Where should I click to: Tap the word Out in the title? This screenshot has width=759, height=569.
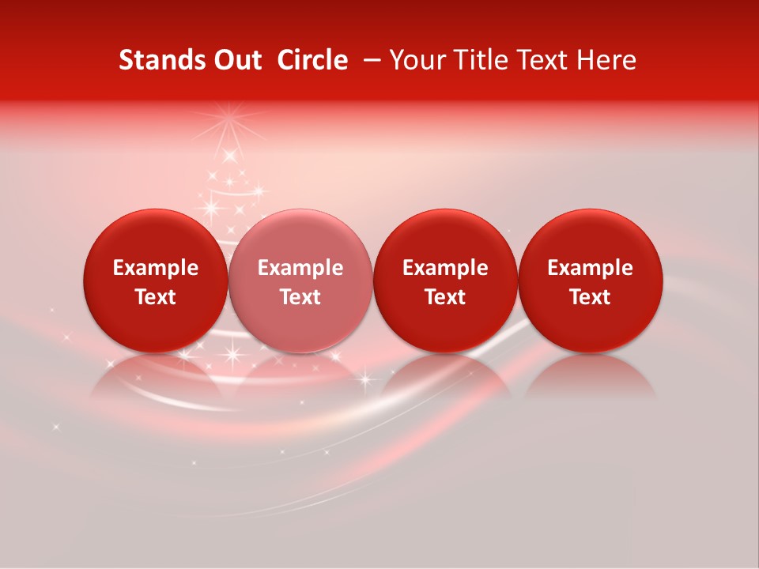[236, 60]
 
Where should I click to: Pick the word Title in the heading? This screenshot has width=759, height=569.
[477, 60]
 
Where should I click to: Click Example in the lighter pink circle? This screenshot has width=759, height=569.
[300, 268]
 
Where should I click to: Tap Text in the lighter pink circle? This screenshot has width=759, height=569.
[300, 297]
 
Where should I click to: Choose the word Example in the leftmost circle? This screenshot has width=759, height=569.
[156, 268]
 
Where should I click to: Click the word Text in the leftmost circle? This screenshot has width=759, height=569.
[156, 297]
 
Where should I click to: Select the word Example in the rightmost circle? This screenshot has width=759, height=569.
[591, 268]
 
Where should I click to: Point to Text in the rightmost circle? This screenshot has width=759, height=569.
[591, 297]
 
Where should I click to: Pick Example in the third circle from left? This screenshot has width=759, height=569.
[445, 268]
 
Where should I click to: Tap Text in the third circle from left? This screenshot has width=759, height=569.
[445, 297]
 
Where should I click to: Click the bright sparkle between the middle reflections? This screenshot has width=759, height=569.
[365, 379]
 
